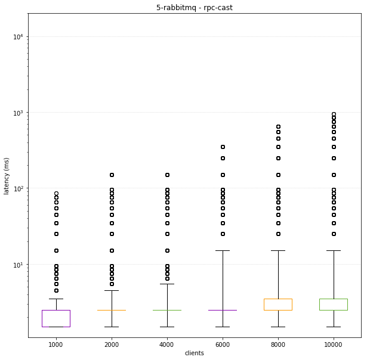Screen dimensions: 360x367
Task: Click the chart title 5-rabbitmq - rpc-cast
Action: [195, 7]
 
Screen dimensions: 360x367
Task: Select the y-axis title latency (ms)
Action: [7, 173]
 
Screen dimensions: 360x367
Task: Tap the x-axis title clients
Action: [195, 353]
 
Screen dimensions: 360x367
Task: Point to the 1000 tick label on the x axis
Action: [55, 345]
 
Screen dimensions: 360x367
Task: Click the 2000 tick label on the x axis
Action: [111, 345]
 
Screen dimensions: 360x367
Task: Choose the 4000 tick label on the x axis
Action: [166, 345]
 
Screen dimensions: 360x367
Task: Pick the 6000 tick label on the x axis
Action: [222, 345]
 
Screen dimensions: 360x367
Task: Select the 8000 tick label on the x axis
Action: [277, 345]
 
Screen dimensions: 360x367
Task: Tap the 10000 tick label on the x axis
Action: [333, 345]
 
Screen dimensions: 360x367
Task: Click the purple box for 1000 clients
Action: [55, 318]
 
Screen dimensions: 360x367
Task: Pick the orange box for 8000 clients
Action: [277, 305]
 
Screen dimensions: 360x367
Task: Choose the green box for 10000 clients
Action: [333, 305]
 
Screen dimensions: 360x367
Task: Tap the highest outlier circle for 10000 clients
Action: [333, 114]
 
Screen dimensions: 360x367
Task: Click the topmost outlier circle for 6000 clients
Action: [222, 147]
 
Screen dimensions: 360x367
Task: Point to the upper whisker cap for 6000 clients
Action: [222, 251]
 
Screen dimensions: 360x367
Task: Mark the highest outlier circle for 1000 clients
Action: [55, 194]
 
